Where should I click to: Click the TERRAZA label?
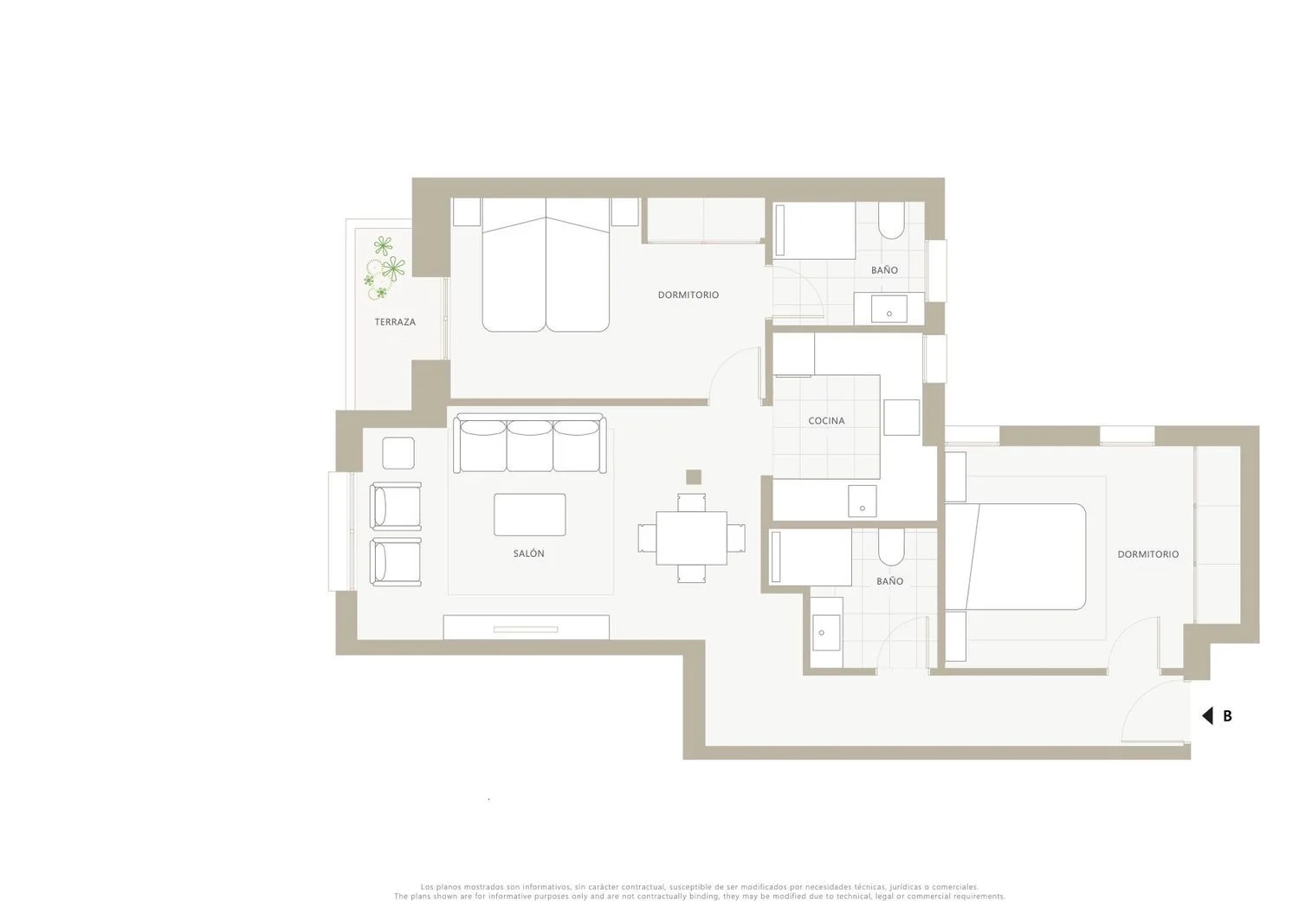tap(395, 322)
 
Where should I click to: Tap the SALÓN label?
tap(529, 553)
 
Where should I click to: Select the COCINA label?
tap(826, 421)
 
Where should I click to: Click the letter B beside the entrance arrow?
tap(1227, 716)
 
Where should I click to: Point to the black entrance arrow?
tap(1207, 716)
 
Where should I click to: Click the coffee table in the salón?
tap(529, 515)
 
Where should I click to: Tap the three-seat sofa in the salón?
tap(529, 443)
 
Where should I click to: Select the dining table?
tap(691, 538)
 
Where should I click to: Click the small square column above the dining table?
tap(694, 477)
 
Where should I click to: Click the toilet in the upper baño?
tap(891, 221)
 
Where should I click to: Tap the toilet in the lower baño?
tap(891, 547)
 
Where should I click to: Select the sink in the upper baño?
tap(889, 309)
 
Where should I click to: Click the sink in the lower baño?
tap(826, 633)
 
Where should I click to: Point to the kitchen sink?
tap(863, 502)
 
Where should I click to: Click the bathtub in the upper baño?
tap(815, 230)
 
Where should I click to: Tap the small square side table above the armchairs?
tap(398, 453)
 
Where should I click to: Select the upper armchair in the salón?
tap(396, 507)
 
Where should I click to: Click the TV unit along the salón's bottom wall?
tap(526, 627)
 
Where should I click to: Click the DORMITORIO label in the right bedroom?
tap(1148, 554)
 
